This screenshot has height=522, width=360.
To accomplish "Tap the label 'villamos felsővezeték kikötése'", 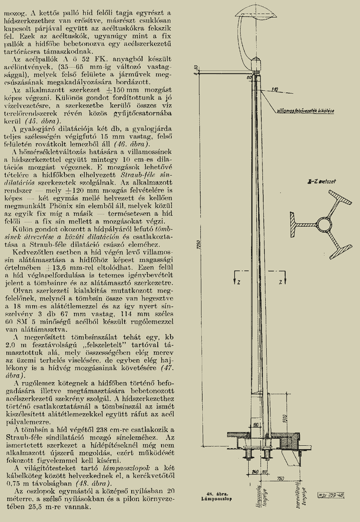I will (306, 111).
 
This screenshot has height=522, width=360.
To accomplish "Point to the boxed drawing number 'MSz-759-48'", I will (331, 495).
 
